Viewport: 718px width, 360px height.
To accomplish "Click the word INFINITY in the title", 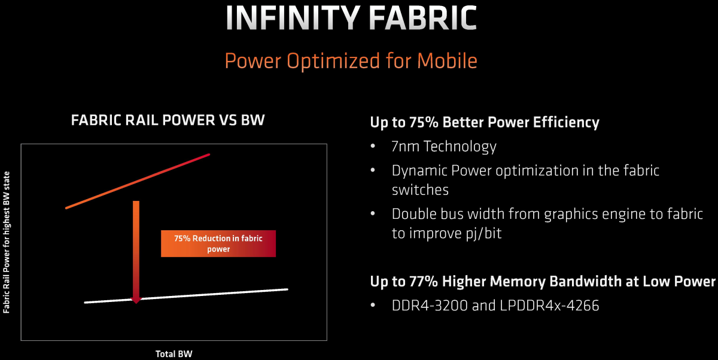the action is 293,18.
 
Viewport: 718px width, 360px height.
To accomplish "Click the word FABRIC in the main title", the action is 423,18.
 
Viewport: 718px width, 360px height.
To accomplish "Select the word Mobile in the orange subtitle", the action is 447,61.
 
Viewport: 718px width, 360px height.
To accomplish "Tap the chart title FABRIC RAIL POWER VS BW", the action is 168,120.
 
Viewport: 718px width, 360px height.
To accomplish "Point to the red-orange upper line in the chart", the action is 138,181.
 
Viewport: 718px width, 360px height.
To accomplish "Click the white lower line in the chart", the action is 186,296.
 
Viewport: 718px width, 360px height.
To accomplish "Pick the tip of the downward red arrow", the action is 136,303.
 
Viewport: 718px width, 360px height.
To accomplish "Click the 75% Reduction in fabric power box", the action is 218,243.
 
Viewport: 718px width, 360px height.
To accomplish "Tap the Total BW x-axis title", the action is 174,354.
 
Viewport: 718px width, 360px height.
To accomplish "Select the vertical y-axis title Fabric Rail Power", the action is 7,242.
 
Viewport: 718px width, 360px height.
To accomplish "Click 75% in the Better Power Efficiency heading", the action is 424,123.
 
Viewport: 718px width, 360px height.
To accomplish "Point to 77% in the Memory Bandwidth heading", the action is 424,282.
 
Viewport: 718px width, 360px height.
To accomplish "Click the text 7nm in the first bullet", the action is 406,147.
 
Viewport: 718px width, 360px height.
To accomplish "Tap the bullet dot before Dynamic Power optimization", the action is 372,170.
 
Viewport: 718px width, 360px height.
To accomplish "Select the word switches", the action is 420,190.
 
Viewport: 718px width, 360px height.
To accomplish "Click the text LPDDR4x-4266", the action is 549,306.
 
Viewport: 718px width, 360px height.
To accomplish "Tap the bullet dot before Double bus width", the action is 372,213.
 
